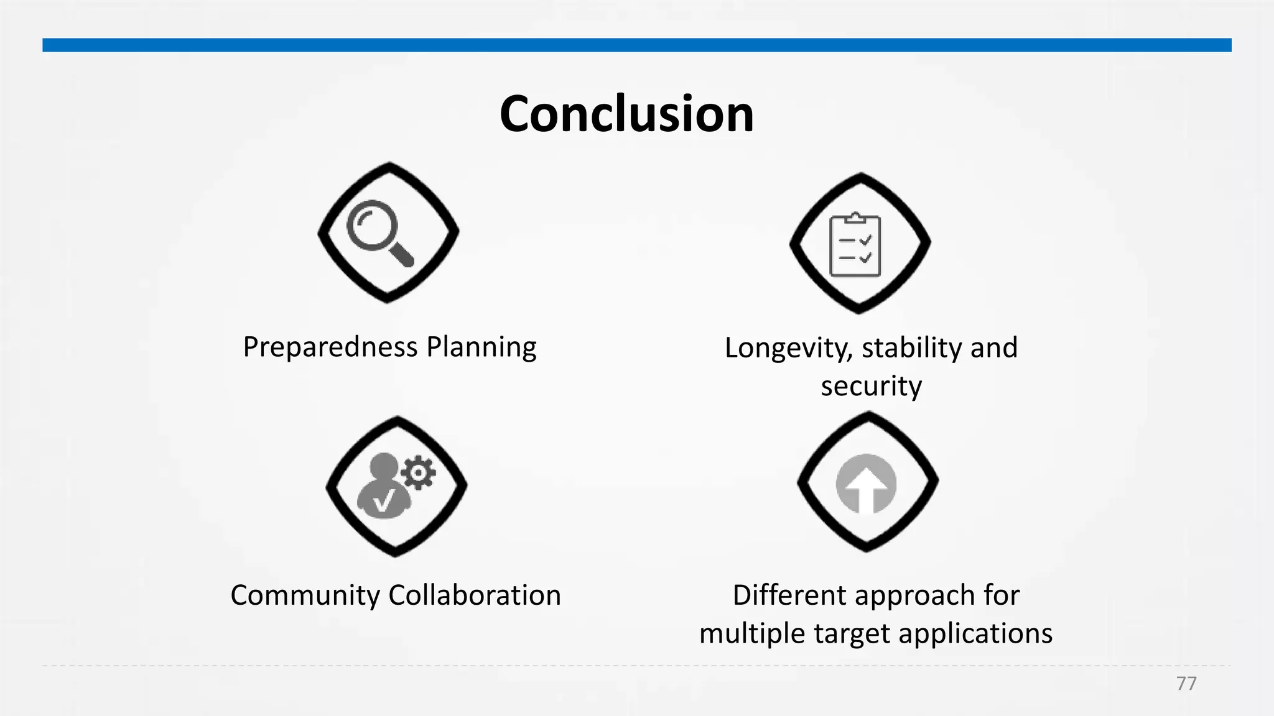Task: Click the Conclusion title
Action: tap(626, 114)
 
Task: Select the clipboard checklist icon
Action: tap(855, 245)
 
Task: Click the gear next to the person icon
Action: tap(418, 473)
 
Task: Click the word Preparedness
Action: tap(330, 347)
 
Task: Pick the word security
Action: tap(871, 386)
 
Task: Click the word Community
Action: tap(305, 595)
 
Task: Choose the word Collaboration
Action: tap(475, 595)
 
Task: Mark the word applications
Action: tap(975, 635)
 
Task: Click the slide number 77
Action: tap(1186, 684)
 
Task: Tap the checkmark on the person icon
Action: tap(384, 501)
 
